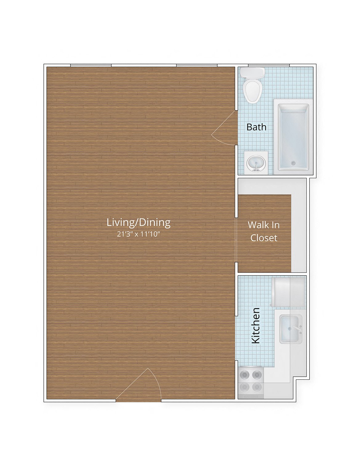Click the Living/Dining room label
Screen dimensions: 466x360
point(138,222)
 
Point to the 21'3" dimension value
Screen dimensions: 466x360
point(124,234)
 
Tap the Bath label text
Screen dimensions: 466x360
point(256,127)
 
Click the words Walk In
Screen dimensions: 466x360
point(264,225)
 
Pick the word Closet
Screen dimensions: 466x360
point(264,238)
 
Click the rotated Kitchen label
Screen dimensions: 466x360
point(256,325)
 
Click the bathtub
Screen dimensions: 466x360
point(293,137)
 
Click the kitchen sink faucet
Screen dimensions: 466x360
point(298,329)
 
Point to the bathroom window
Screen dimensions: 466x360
point(269,65)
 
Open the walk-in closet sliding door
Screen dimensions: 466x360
point(236,240)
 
